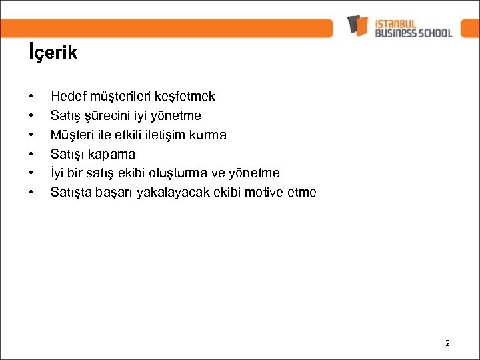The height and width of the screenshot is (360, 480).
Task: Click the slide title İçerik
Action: pos(53,53)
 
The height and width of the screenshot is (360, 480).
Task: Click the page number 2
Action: pos(447,343)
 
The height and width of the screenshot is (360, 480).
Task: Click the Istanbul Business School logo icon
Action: pos(358,25)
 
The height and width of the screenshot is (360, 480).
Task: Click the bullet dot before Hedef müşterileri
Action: pos(32,97)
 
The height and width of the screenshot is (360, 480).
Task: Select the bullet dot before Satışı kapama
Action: pos(32,155)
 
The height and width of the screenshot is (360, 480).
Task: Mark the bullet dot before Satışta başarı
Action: pos(32,193)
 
